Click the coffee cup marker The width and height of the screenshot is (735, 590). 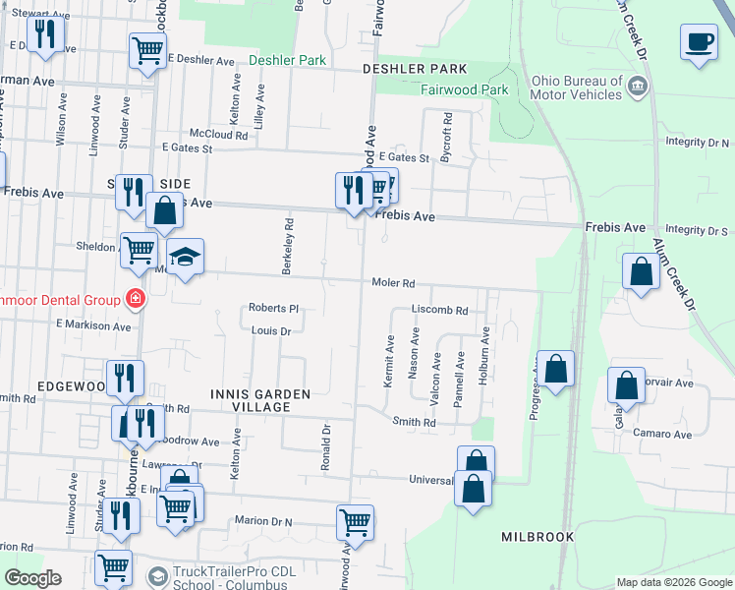tap(699, 43)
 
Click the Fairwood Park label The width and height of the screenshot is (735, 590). tap(464, 90)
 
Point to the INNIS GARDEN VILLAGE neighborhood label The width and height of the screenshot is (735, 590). tap(260, 400)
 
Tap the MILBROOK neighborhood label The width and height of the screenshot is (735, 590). tap(537, 538)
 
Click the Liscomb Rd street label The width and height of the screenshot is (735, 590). tap(439, 310)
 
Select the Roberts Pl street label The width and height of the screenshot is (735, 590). tap(272, 308)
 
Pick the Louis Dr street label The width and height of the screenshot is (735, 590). tap(270, 331)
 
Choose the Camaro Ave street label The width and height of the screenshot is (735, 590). tap(662, 434)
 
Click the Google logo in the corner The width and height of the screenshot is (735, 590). tap(32, 578)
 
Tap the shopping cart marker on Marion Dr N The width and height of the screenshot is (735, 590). tap(355, 524)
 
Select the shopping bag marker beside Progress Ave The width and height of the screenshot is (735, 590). tap(555, 371)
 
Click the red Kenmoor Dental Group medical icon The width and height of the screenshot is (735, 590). tap(132, 299)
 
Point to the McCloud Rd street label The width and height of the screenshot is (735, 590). tap(218, 134)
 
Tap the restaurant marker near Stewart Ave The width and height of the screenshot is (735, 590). tap(45, 36)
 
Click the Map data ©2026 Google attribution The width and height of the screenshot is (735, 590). tap(673, 582)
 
